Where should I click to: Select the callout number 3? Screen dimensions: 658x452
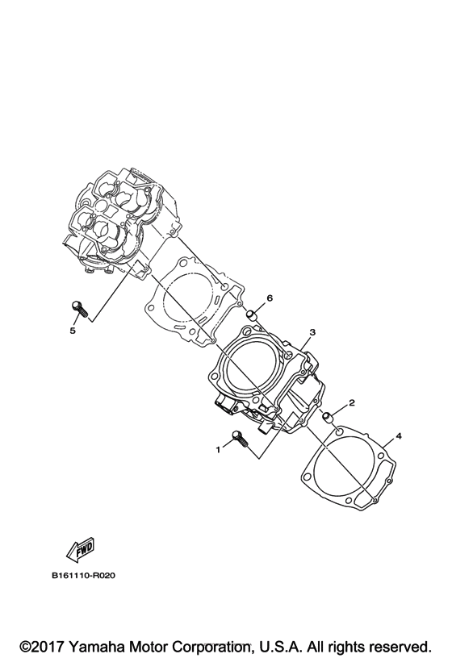(312, 331)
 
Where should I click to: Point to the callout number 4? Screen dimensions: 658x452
(398, 436)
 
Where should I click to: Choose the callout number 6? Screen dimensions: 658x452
(270, 298)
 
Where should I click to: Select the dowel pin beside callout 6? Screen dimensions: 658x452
(252, 314)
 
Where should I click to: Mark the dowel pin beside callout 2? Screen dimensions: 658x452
(329, 418)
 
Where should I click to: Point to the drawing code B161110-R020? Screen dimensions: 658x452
(84, 577)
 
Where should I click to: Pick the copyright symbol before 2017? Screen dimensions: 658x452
(26, 647)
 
